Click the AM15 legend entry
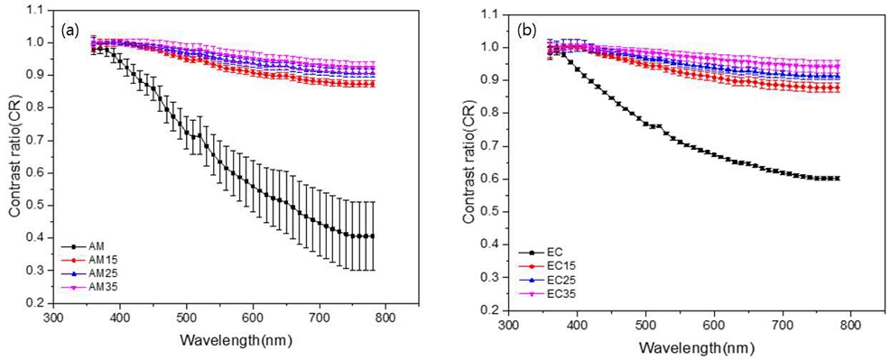click(93, 259)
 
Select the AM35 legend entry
click(93, 287)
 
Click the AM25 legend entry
click(93, 272)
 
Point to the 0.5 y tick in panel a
click(37, 205)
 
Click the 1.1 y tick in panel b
click(492, 14)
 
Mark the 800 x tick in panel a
click(385, 318)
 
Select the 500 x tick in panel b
click(645, 323)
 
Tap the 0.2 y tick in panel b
click(492, 309)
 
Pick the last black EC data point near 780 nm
click(839, 179)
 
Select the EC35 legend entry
click(550, 295)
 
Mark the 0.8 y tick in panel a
click(37, 106)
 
